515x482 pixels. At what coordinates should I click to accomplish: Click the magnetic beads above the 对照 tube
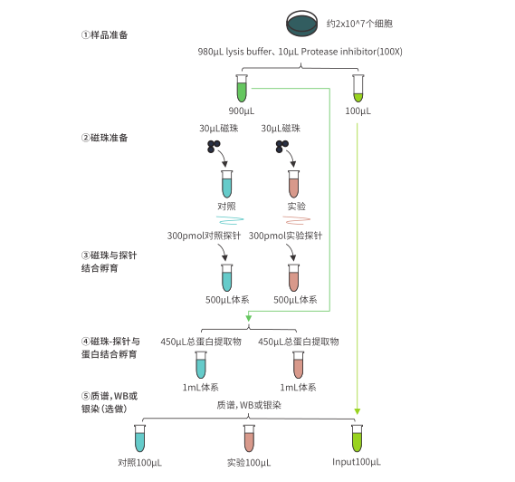coord(214,147)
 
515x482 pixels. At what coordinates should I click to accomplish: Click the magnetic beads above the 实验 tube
coord(281,147)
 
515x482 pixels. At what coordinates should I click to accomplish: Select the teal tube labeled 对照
coord(226,185)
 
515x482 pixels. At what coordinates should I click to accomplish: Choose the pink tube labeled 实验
coord(294,185)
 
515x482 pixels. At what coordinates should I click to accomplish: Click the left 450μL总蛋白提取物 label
coord(200,342)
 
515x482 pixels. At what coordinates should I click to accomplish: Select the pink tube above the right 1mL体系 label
coord(298,365)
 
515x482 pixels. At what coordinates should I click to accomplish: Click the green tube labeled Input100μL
coord(357,439)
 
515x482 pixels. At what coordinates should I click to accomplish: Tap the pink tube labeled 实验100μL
coord(248,439)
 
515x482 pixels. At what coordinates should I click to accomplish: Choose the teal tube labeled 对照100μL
coord(139,439)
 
